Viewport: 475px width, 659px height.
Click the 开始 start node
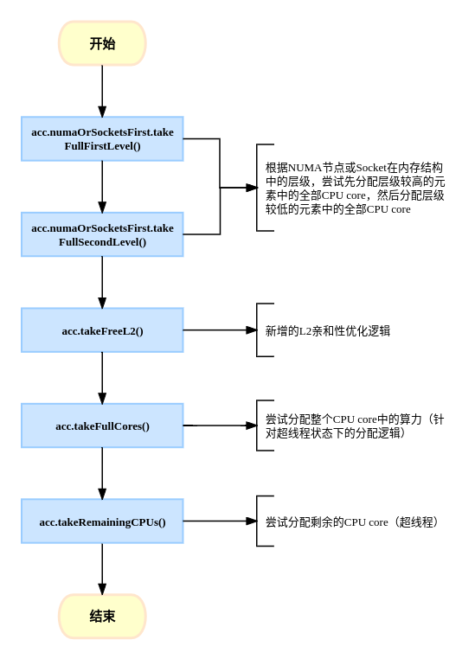click(x=102, y=43)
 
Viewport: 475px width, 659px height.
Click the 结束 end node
click(x=102, y=616)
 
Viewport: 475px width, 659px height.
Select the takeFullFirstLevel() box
click(x=102, y=138)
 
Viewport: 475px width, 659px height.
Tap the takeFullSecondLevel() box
click(x=102, y=234)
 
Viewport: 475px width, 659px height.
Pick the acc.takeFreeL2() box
click(x=102, y=330)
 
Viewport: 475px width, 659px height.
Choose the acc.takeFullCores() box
click(x=102, y=425)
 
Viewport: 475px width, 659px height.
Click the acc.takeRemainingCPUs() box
click(x=102, y=521)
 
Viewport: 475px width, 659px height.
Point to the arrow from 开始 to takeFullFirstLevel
click(x=102, y=91)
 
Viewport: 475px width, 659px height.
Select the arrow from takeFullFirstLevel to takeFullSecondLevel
click(x=102, y=187)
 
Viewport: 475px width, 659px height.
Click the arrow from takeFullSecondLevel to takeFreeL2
click(x=102, y=283)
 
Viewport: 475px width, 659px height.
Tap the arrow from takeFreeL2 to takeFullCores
click(x=102, y=378)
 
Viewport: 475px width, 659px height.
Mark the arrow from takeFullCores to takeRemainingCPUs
click(x=102, y=474)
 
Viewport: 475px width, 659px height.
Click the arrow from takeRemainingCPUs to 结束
click(x=102, y=569)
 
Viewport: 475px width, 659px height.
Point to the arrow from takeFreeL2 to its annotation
click(x=220, y=330)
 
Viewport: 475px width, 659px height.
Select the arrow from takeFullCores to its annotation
click(x=220, y=425)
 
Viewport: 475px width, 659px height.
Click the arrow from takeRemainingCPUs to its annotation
click(x=220, y=521)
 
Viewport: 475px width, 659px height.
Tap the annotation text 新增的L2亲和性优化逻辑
click(x=327, y=331)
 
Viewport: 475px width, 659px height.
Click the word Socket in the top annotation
click(x=371, y=168)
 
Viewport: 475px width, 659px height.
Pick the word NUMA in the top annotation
click(x=305, y=168)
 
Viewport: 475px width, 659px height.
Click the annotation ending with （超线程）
click(x=352, y=522)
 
